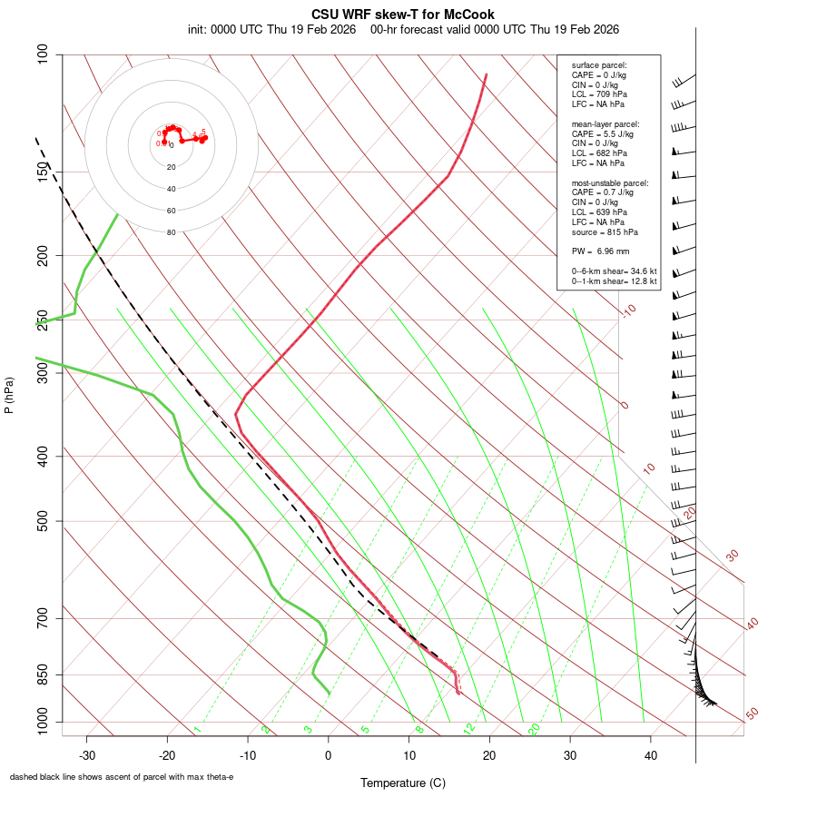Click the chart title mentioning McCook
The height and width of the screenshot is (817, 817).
tap(403, 15)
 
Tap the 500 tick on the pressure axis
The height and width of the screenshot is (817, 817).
tap(44, 521)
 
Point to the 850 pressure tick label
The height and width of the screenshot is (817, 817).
tap(44, 674)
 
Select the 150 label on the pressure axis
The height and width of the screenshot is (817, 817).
tap(44, 172)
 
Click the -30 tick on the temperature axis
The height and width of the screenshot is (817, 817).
tap(87, 755)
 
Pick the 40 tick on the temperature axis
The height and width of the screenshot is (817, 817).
tap(651, 755)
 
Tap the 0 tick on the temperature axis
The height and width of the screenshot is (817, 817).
tap(329, 755)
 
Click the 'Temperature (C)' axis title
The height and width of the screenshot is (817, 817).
tap(403, 783)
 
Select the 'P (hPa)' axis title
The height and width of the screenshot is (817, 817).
tap(9, 396)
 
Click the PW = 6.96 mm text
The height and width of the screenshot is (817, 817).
tap(600, 251)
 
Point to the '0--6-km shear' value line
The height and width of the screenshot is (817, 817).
tap(614, 271)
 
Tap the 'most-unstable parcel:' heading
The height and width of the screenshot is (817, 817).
tap(610, 183)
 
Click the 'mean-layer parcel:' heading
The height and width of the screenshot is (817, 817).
tap(605, 124)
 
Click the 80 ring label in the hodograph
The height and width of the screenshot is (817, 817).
tap(171, 232)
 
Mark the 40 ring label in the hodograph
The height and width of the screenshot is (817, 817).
tap(171, 189)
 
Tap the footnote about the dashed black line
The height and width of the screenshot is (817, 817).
tap(122, 777)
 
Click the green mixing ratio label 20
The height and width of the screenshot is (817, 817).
tap(535, 728)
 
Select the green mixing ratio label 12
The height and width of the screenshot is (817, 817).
tap(469, 728)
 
